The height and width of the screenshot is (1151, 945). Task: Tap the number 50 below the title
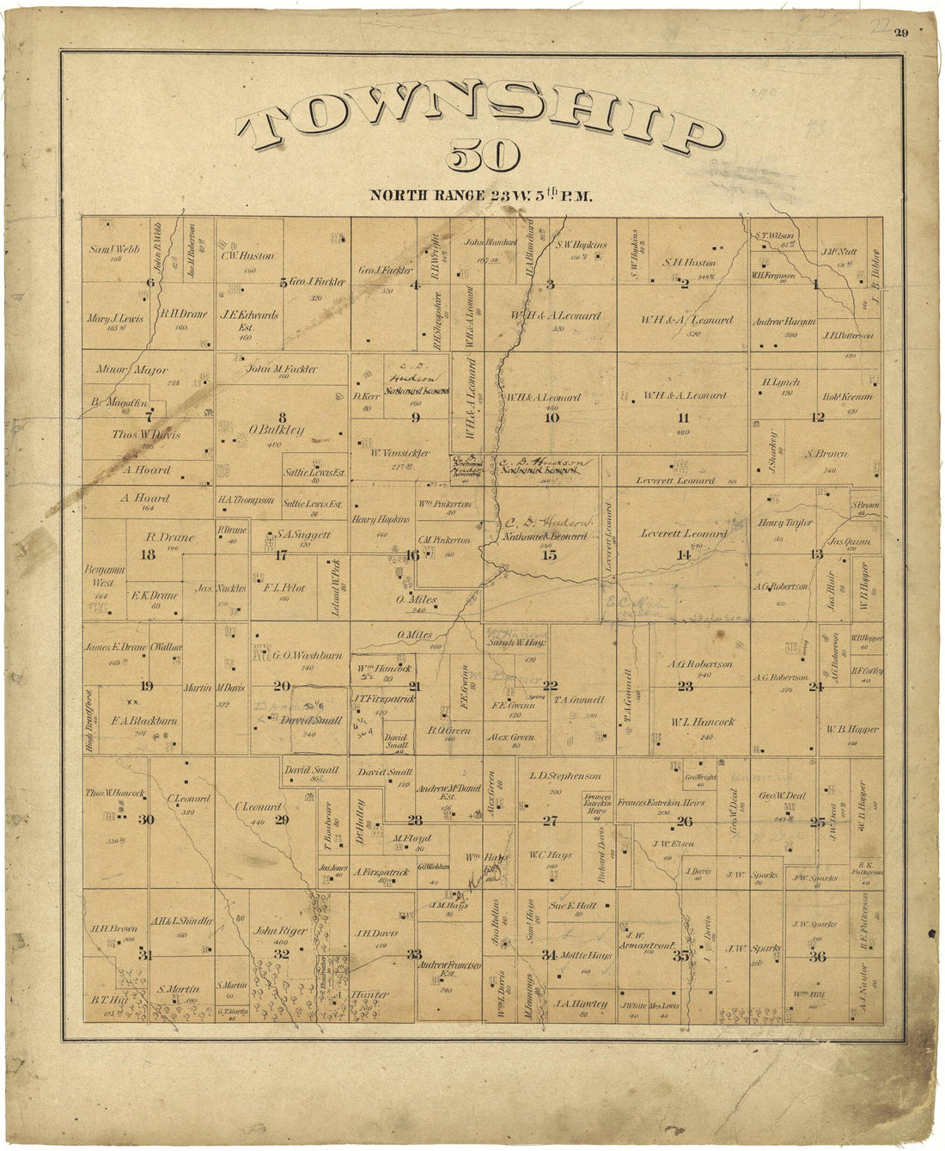tap(483, 160)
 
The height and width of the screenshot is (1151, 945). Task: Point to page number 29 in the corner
tap(900, 34)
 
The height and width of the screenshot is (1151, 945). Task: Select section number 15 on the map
tap(549, 555)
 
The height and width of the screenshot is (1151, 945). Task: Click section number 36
tap(817, 957)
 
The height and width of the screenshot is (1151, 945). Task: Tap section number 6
tap(150, 283)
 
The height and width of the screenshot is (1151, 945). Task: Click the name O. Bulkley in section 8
tap(277, 430)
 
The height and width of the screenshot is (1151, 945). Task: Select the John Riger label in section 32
tap(268, 929)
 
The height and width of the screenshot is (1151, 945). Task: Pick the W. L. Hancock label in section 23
tap(694, 722)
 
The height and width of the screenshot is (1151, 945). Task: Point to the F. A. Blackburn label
tap(144, 721)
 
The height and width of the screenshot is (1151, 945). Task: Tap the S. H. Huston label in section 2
tap(689, 263)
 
